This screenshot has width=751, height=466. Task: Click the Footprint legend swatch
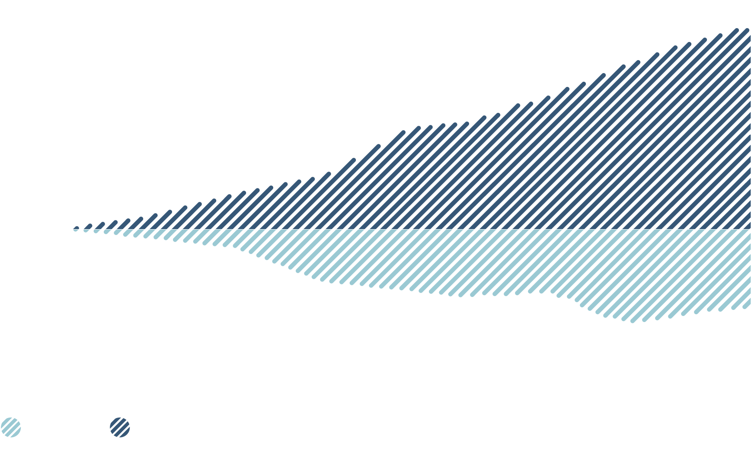pyautogui.click(x=11, y=428)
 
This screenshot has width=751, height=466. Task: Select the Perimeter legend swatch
pyautogui.click(x=120, y=428)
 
